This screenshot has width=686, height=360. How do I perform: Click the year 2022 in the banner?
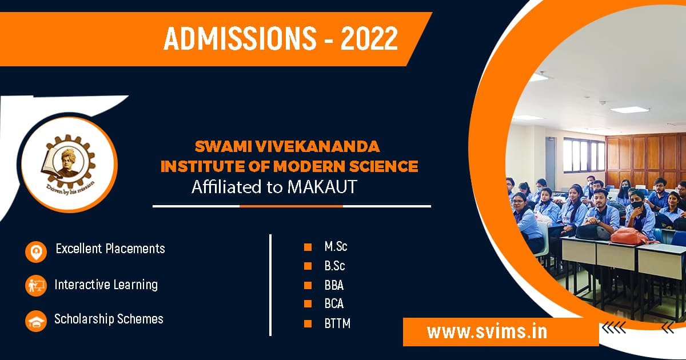point(369,38)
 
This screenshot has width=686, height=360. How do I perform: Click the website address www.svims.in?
point(487,332)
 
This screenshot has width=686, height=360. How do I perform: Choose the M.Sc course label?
point(336,247)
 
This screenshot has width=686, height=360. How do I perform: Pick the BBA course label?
point(334,285)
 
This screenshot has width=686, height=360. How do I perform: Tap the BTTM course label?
point(337,323)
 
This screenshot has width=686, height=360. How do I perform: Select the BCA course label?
point(334,304)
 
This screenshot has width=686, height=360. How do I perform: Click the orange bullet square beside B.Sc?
point(308,266)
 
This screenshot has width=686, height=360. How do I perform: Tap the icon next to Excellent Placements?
point(36,251)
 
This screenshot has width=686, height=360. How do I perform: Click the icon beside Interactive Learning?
point(36,285)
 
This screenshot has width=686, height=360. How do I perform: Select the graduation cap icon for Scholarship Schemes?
point(36,321)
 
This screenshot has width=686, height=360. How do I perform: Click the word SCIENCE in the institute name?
point(386,167)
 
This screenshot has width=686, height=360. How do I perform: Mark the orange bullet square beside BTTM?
point(308,323)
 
